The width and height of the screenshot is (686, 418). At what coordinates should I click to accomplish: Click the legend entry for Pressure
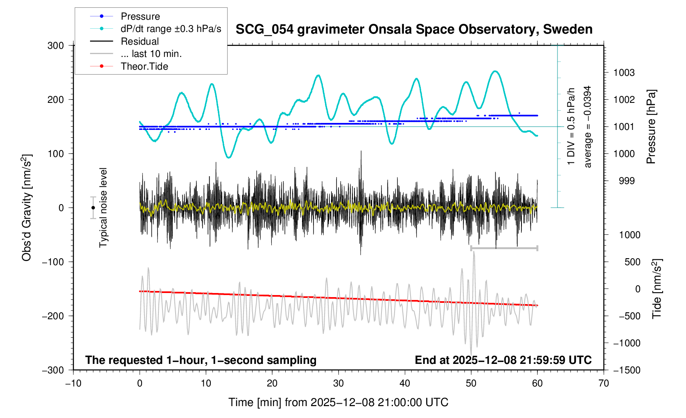pos(140,16)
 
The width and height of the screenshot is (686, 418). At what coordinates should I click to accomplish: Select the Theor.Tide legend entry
pos(144,66)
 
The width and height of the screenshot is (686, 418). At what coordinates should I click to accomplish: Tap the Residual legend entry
pos(140,41)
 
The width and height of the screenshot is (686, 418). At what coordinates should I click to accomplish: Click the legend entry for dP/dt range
pos(171,29)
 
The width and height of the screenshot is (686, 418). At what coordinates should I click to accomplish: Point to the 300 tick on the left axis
pos(56,45)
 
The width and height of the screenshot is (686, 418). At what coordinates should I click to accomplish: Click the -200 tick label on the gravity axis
pos(53,316)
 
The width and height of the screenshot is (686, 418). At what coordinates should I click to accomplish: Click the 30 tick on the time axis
pos(338,383)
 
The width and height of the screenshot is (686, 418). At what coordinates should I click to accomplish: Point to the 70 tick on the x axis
pos(603,383)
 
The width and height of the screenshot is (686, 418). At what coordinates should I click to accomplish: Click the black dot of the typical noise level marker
pos(93,208)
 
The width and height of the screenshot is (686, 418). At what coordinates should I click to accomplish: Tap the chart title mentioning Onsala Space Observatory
pos(414,30)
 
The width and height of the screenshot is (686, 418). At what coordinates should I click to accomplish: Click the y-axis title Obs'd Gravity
pos(27,208)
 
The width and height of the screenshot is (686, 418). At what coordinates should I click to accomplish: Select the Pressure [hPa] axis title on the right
pos(651,127)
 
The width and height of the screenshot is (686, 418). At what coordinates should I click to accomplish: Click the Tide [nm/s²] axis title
pos(657,289)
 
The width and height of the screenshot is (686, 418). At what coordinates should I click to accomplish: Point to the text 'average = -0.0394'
pos(588,127)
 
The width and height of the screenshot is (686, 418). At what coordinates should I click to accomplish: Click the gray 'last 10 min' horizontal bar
pos(504,248)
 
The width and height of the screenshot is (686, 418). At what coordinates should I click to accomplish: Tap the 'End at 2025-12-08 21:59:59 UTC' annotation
pos(503,360)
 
